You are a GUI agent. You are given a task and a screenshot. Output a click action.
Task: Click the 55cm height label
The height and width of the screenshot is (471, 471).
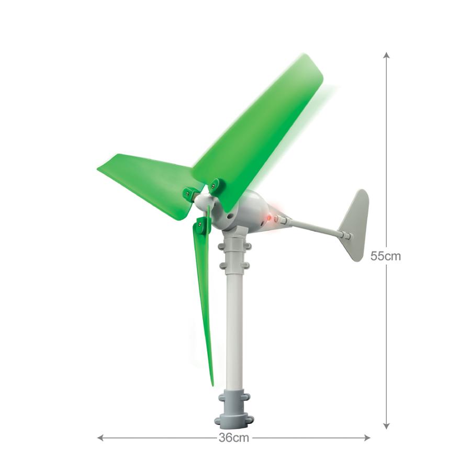coord(385,256)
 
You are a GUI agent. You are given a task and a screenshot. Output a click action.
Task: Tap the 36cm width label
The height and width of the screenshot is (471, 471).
coord(234,438)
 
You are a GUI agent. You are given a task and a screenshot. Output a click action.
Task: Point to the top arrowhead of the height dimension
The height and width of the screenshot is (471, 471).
coord(387,55)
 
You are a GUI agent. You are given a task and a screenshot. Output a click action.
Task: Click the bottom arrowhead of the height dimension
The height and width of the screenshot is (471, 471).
coord(387,426)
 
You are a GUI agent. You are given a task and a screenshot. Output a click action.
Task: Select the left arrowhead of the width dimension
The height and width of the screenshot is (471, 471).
coord(100,438)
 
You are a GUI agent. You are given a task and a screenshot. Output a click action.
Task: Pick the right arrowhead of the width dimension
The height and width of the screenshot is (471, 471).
coord(367,438)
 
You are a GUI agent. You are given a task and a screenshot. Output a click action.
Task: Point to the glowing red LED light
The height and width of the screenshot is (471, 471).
coord(269,217)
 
